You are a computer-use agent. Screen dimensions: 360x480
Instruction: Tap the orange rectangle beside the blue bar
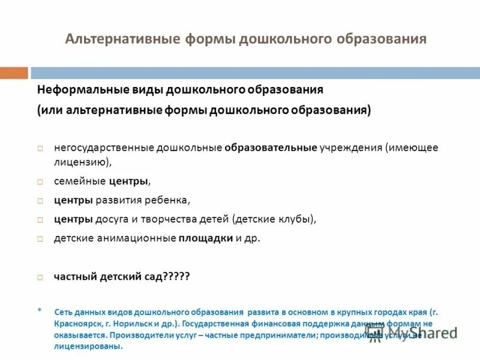click(x=14, y=73)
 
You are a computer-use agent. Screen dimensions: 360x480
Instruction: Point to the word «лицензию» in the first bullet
click(x=81, y=162)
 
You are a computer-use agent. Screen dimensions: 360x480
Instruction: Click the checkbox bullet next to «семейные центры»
click(x=40, y=181)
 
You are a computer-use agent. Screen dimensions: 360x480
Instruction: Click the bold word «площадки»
click(x=206, y=238)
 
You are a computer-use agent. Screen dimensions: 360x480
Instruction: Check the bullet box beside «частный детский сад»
click(x=40, y=277)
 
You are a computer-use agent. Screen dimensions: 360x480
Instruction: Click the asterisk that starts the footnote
click(x=40, y=311)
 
